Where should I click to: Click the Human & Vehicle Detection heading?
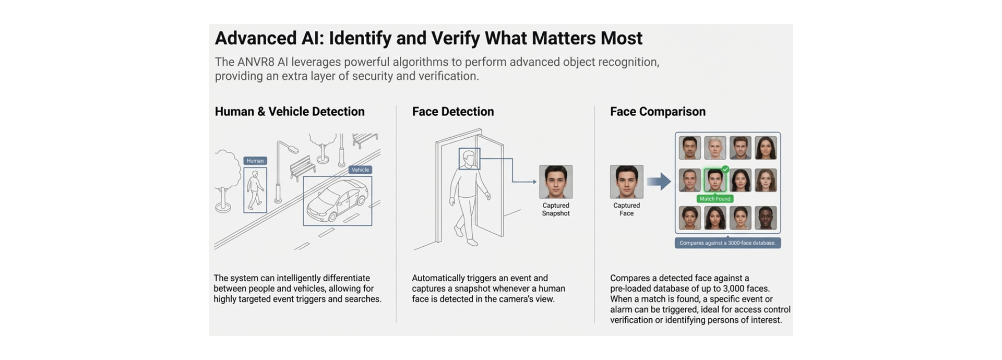(x=290, y=112)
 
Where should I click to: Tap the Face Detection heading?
(x=452, y=112)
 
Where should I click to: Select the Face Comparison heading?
(x=658, y=112)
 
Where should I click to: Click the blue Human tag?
(x=255, y=161)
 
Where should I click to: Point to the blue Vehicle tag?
(x=360, y=170)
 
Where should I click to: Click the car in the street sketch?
(x=337, y=201)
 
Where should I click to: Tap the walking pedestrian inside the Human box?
(x=255, y=191)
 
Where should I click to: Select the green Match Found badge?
(x=714, y=199)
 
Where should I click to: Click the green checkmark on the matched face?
(x=725, y=169)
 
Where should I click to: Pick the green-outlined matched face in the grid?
(x=714, y=181)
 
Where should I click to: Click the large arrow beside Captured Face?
(x=659, y=182)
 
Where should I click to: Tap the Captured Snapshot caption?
(x=556, y=209)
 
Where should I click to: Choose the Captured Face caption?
(x=626, y=209)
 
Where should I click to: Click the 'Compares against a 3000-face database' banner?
(x=727, y=243)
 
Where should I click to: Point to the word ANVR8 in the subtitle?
(x=256, y=62)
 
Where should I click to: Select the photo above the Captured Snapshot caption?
(x=556, y=182)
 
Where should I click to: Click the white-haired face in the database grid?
(x=714, y=148)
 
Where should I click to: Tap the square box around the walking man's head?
(x=469, y=159)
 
